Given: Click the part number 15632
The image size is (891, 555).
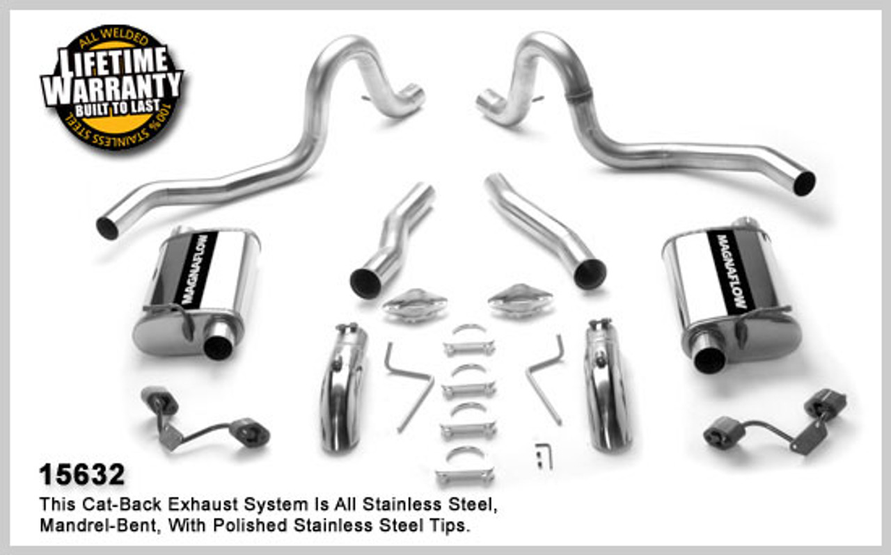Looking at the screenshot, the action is pyautogui.click(x=82, y=474).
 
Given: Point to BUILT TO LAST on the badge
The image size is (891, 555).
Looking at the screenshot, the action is pyautogui.click(x=118, y=108).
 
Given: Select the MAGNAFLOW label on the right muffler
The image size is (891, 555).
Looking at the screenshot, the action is pyautogui.click(x=731, y=271).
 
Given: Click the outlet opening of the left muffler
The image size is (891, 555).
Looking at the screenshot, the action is pyautogui.click(x=218, y=347).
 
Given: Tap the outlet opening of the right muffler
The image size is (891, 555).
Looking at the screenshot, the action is pyautogui.click(x=709, y=360).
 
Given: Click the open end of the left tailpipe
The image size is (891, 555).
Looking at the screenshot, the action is pyautogui.click(x=107, y=228).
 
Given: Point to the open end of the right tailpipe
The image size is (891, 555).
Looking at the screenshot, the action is pyautogui.click(x=804, y=184).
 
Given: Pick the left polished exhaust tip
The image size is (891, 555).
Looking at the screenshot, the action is pyautogui.click(x=342, y=387).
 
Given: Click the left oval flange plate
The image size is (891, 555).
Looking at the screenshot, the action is pyautogui.click(x=415, y=305).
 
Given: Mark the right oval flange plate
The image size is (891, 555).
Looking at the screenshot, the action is pyautogui.click(x=520, y=301).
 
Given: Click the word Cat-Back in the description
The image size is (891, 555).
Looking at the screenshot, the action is pyautogui.click(x=121, y=504).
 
